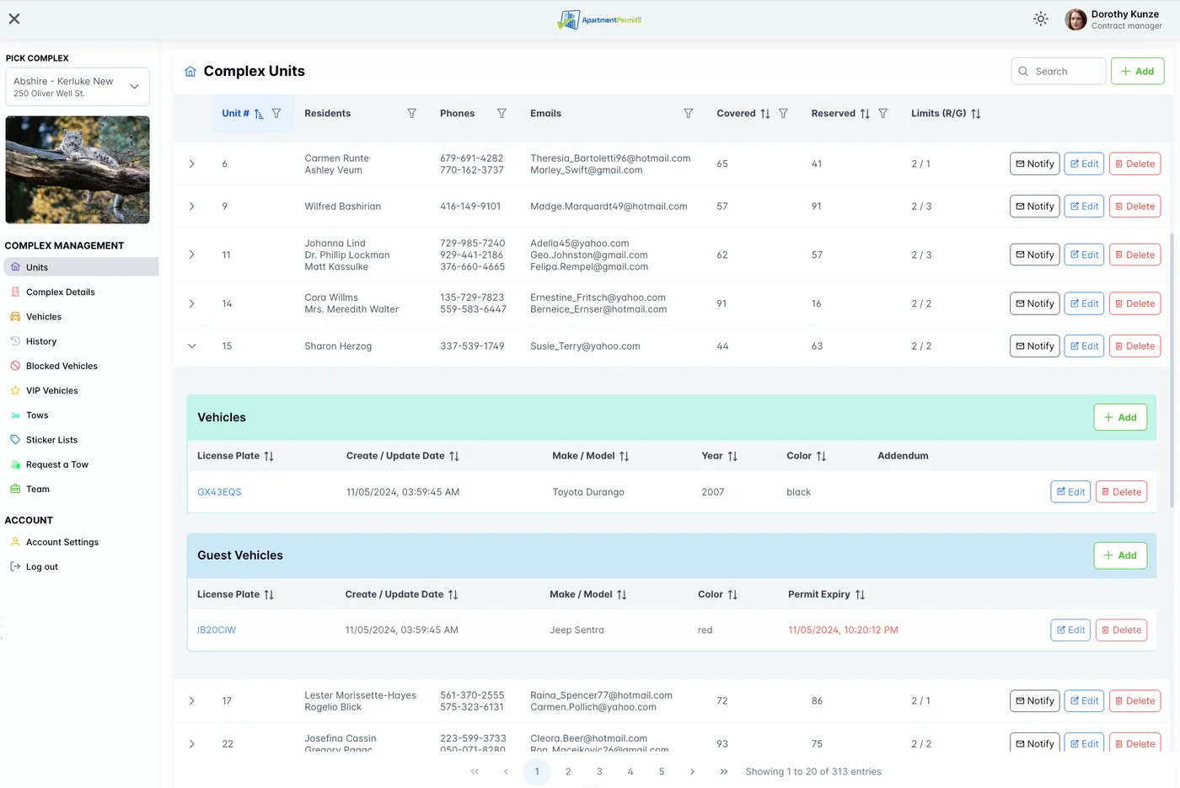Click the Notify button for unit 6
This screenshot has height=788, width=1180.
tap(1034, 163)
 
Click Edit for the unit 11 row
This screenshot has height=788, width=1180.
tap(1084, 255)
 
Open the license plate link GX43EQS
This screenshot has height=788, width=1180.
tap(219, 492)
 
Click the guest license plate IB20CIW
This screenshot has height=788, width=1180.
tap(217, 630)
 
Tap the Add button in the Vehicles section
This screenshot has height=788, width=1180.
tap(1119, 417)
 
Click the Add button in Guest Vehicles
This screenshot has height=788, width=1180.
tap(1119, 555)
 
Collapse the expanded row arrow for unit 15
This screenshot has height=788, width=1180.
tap(192, 346)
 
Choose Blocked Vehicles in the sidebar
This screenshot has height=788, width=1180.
tap(62, 366)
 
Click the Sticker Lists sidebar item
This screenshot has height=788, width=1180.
tap(51, 440)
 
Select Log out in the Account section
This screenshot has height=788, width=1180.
tap(41, 567)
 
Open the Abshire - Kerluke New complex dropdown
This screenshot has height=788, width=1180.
tap(78, 87)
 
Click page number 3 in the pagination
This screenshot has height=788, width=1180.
tap(599, 771)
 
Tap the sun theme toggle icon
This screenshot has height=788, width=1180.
tap(1041, 19)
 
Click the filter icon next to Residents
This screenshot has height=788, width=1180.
tap(411, 114)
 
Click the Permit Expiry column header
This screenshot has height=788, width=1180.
tap(818, 594)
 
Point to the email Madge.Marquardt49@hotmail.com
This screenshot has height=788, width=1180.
tap(609, 206)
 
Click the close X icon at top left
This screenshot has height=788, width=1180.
tap(14, 19)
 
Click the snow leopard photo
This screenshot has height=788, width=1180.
tap(78, 169)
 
